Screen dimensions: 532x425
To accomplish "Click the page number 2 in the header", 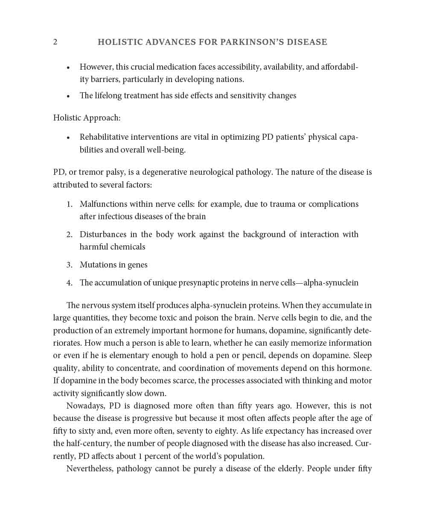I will (55, 42).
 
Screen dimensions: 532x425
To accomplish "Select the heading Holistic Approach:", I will (87, 118).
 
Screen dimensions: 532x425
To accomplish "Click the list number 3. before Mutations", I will (70, 265).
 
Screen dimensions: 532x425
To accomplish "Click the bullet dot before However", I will (68, 68).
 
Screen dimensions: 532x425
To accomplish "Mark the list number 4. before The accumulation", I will (70, 283).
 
